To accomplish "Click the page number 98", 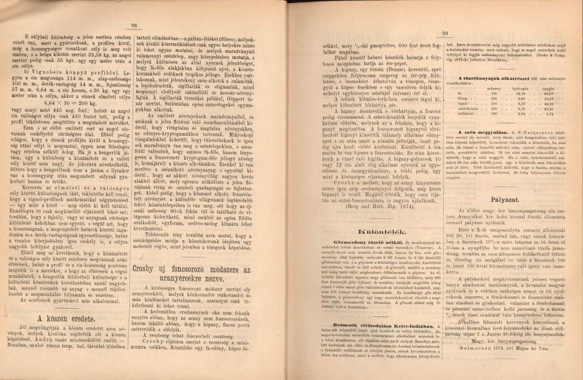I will pyautogui.click(x=134, y=26).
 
